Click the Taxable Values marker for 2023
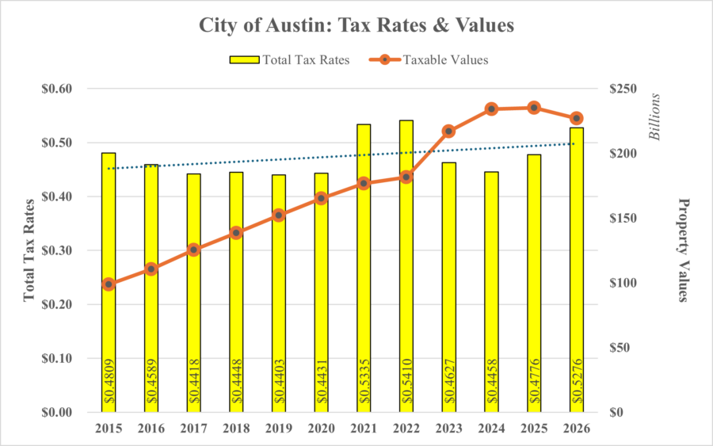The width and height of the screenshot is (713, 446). click(448, 131)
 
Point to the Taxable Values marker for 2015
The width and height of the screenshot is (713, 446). click(109, 284)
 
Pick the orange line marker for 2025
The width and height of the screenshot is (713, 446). click(534, 108)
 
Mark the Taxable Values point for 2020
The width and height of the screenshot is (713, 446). click(321, 198)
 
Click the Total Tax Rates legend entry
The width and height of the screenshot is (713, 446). click(288, 59)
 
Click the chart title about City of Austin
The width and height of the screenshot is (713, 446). click(356, 25)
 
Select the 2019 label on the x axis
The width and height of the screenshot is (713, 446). click(278, 429)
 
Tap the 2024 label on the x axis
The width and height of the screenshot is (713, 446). click(491, 429)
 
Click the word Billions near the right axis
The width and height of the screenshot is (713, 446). click(655, 117)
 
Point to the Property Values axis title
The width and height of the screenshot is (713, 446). click(682, 250)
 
